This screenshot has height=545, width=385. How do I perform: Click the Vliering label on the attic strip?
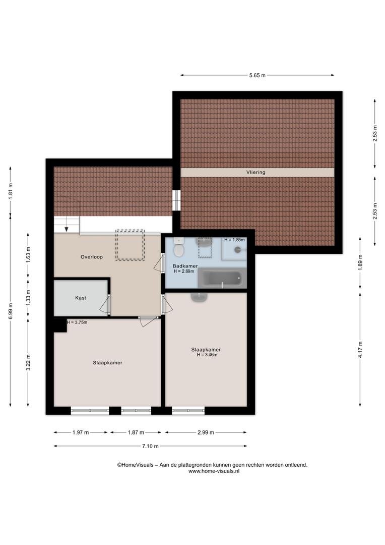(x=256, y=172)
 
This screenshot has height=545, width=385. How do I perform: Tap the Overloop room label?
(x=92, y=257)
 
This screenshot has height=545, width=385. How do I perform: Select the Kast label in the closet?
(x=81, y=298)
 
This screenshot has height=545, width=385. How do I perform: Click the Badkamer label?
(x=185, y=266)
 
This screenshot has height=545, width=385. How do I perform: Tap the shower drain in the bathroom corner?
(x=238, y=249)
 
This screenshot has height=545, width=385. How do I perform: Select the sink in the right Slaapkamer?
(x=199, y=297)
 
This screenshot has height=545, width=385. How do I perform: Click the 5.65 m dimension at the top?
(x=257, y=75)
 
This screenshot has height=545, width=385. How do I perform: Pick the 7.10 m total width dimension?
(x=150, y=446)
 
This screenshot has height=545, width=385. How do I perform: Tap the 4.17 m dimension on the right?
(x=360, y=350)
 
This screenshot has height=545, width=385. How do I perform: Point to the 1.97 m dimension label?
(x=81, y=432)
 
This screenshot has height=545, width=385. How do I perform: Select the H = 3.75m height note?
(x=77, y=322)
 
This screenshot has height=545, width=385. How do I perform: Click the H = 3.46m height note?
(x=207, y=355)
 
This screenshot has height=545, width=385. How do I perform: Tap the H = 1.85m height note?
(x=234, y=240)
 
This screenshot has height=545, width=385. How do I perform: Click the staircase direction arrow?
(x=67, y=229)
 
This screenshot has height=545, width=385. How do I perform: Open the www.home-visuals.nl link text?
(x=214, y=471)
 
